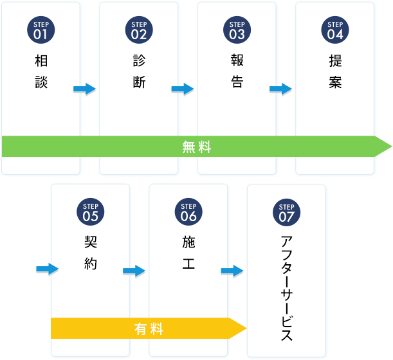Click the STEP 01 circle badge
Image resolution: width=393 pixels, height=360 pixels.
41,29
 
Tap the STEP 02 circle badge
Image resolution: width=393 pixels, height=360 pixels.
139,29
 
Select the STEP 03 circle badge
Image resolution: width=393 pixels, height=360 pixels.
237,29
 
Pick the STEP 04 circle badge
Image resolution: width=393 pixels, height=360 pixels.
335,29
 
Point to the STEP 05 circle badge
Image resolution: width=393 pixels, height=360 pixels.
91,212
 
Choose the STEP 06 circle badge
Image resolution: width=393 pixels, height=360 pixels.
188,212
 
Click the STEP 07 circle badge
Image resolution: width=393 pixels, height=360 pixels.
286,212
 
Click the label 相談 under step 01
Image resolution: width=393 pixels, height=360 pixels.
41,71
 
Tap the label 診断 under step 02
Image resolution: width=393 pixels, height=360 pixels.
139,71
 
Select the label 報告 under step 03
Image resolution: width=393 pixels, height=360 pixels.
237,71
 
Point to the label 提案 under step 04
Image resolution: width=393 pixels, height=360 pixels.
335,71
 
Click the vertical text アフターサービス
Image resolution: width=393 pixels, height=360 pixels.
287,289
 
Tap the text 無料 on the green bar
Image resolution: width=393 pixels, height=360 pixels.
197,147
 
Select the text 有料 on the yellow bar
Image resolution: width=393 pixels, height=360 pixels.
149,329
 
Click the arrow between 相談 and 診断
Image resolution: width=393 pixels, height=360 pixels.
85,88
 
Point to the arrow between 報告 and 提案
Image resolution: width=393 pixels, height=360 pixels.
281,88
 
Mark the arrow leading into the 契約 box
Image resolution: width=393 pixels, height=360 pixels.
47,268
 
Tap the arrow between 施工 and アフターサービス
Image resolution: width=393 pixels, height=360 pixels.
232,271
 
